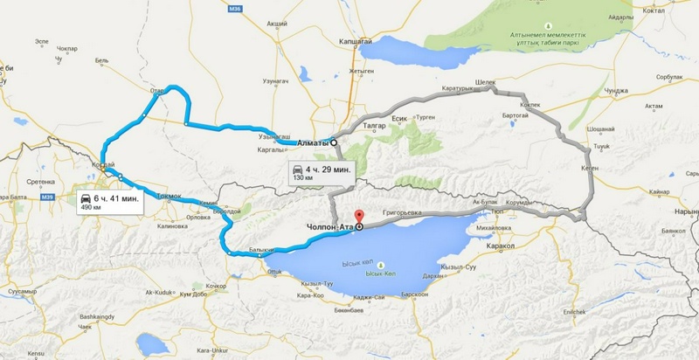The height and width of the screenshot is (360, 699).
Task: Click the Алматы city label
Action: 312,142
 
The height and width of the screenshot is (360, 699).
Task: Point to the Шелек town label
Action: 485,82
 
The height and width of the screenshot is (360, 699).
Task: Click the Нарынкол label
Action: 683,211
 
